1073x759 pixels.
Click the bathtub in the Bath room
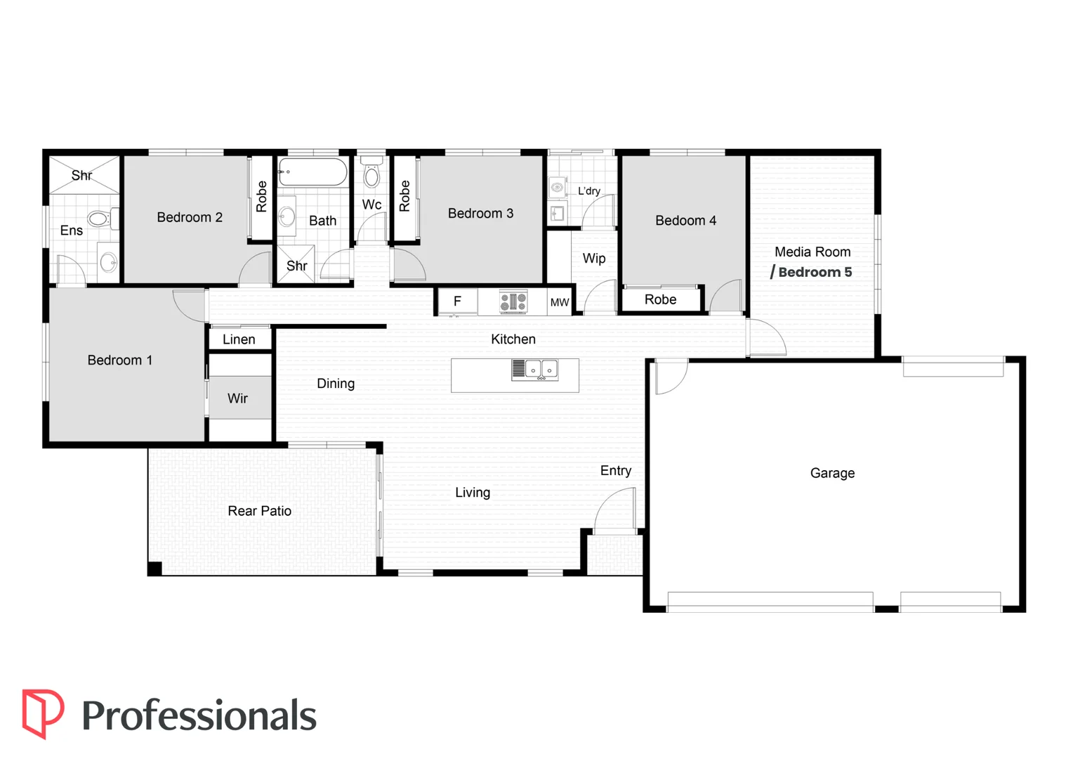(312, 171)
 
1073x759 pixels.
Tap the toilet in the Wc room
(371, 172)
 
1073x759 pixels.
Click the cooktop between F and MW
(513, 301)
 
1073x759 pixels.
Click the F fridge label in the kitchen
(457, 301)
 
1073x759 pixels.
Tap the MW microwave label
(560, 302)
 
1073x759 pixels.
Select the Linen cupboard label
(239, 339)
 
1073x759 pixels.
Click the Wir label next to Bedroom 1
(237, 398)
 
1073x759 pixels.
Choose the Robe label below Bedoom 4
(660, 299)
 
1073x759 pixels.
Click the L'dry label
(588, 191)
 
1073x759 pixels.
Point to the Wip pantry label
(594, 259)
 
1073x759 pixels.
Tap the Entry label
(616, 471)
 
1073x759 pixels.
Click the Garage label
(832, 473)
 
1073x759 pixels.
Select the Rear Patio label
(259, 511)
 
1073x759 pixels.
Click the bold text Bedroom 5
(815, 273)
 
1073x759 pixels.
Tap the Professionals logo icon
(43, 713)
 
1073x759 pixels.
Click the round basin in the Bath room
(287, 216)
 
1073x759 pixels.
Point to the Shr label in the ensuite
(82, 176)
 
